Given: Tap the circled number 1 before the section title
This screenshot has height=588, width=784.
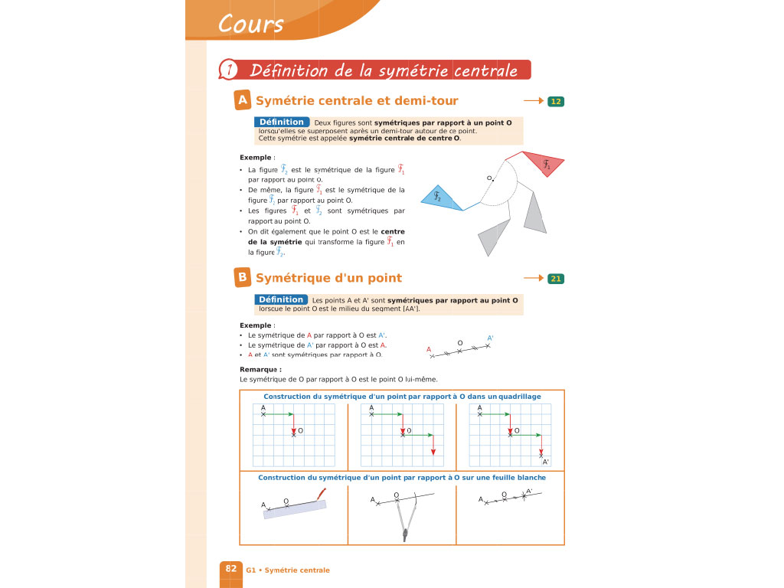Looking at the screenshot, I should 227,70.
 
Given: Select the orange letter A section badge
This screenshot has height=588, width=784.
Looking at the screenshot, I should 243,100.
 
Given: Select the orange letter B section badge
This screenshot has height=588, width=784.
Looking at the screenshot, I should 242,277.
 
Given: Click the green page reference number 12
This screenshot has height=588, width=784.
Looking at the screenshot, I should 556,101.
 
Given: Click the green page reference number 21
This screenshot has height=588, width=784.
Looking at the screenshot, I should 556,279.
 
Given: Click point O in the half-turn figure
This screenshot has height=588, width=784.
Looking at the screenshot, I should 492,181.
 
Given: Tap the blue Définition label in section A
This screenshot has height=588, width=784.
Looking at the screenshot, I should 281,122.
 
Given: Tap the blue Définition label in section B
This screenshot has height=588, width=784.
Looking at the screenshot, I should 281,299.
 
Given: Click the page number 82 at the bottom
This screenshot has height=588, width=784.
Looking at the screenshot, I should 230,569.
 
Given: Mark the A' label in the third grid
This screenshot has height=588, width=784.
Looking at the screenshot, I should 546,462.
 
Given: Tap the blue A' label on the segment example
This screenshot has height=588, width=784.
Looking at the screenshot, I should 490,338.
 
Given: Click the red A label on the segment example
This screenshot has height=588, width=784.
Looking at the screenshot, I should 429,349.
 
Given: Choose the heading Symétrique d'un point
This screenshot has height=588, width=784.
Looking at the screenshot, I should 328,278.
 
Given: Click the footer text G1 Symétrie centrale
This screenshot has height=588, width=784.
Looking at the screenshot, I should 288,570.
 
